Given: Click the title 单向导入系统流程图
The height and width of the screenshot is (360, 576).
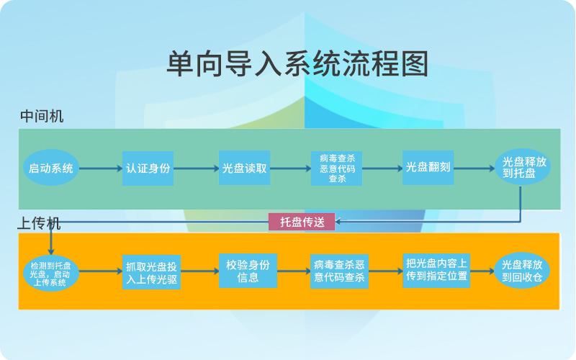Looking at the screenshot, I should (x=297, y=64).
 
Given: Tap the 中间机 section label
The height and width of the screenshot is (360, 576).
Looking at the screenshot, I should (x=42, y=116).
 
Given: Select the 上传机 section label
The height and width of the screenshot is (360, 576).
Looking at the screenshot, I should (x=40, y=223).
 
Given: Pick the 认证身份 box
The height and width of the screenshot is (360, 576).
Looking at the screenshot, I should (x=148, y=168).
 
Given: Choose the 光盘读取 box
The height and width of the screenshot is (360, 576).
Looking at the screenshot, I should (x=245, y=168).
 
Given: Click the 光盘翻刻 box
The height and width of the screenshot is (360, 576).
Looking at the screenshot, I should (x=428, y=168).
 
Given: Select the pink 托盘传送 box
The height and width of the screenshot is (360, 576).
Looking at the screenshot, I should (x=302, y=222).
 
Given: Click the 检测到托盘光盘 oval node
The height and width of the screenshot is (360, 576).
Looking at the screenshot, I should (x=50, y=271).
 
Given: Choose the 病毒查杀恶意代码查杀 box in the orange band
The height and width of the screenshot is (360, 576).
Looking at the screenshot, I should (x=339, y=271).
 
